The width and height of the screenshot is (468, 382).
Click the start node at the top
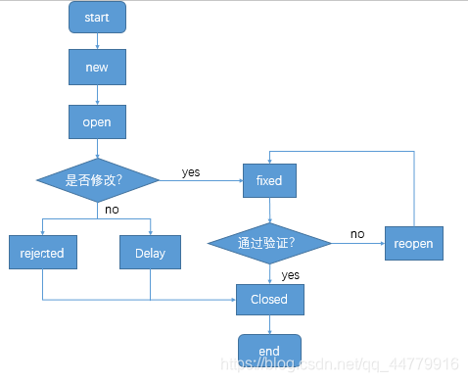pos(97,17)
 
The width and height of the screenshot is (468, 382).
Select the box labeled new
pos(97,68)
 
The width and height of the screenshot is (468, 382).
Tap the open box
pos(97,123)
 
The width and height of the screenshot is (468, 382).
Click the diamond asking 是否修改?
pos(97,180)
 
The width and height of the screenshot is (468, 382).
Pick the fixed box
pos(269,180)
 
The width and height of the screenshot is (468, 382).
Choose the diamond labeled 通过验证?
pos(269,241)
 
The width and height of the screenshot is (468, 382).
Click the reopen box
pos(413,242)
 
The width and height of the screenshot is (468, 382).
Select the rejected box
pos(42,253)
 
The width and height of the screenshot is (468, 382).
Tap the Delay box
pos(150,253)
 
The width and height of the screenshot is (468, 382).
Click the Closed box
pos(269,299)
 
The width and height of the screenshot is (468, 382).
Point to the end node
pos(269,350)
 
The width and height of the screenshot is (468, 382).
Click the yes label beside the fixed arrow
pos(191,172)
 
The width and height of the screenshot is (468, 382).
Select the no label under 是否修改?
pos(113,209)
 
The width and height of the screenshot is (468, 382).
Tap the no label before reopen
pos(357,234)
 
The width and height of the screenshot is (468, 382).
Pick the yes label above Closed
pos(290,275)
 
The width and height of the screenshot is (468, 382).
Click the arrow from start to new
pos(97,40)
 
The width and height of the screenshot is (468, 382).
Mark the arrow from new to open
pos(97,95)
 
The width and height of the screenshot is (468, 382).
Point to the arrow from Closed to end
pos(269,323)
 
